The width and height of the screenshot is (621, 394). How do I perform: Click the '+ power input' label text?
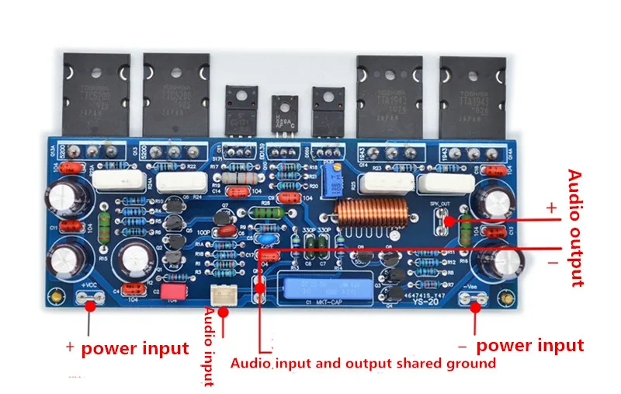(127, 347)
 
